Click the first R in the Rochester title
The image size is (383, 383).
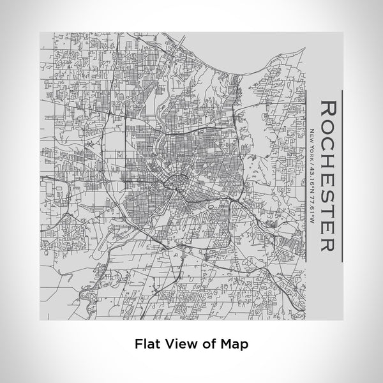point(327,107)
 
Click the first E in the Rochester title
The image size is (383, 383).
point(327,174)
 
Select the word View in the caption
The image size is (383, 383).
point(179,343)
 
